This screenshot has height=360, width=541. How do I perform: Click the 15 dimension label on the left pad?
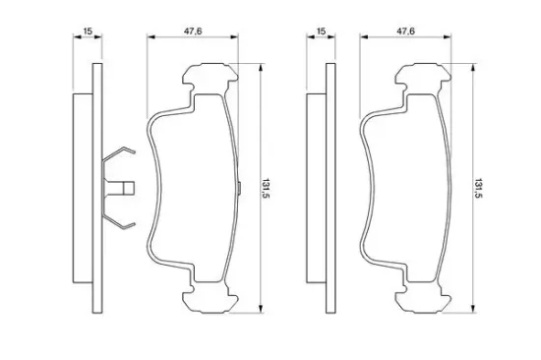click(x=88, y=31)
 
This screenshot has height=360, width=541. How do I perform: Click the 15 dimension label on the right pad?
click(x=321, y=31)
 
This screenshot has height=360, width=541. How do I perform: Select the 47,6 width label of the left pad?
click(x=193, y=31)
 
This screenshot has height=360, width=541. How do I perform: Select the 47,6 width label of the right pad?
click(x=405, y=31)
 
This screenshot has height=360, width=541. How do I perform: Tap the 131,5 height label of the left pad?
click(x=266, y=189)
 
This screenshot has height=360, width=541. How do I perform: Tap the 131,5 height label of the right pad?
click(x=479, y=189)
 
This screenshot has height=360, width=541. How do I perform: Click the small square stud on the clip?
click(x=129, y=188)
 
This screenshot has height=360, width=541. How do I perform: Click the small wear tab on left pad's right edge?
click(x=239, y=189)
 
